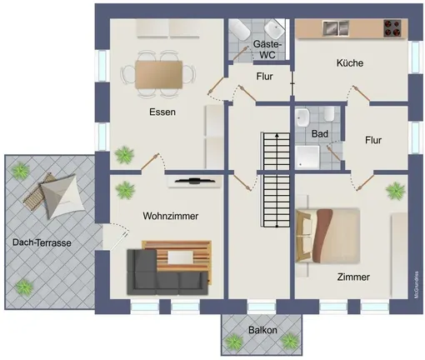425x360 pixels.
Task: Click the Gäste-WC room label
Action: [267, 49]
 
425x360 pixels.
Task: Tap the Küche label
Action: [350, 63]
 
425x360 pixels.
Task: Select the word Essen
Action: [162, 112]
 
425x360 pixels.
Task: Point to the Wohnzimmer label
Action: [171, 216]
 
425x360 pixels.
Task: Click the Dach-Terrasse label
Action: [42, 242]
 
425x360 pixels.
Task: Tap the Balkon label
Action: [262, 330]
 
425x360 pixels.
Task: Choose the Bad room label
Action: [320, 133]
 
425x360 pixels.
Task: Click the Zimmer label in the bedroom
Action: [353, 277]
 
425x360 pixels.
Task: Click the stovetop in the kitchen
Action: [392, 28]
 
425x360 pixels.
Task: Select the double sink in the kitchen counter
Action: [336, 28]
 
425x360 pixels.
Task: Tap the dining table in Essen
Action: [158, 75]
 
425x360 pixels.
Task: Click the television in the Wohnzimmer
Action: [195, 181]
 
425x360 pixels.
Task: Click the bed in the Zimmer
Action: [328, 236]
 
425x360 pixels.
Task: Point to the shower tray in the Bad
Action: [307, 157]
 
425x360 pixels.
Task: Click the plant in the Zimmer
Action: [395, 191]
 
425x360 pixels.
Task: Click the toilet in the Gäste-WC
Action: [240, 30]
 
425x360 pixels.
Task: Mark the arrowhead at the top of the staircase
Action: [277, 135]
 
